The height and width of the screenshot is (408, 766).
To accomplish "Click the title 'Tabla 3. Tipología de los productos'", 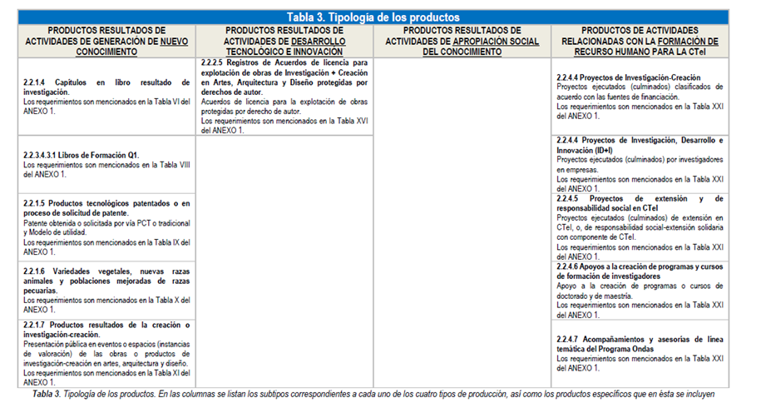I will [x=373, y=17].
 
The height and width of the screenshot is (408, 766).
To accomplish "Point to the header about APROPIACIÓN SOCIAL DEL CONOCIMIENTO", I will [x=462, y=40].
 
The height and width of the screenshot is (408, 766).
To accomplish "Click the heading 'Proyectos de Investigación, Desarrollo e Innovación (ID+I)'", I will [x=640, y=144].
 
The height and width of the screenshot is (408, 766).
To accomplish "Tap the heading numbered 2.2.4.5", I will [x=640, y=203].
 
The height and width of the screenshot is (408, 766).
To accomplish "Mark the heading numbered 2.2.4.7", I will [x=640, y=344].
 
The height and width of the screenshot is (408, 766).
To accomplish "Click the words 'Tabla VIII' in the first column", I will [x=175, y=166].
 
